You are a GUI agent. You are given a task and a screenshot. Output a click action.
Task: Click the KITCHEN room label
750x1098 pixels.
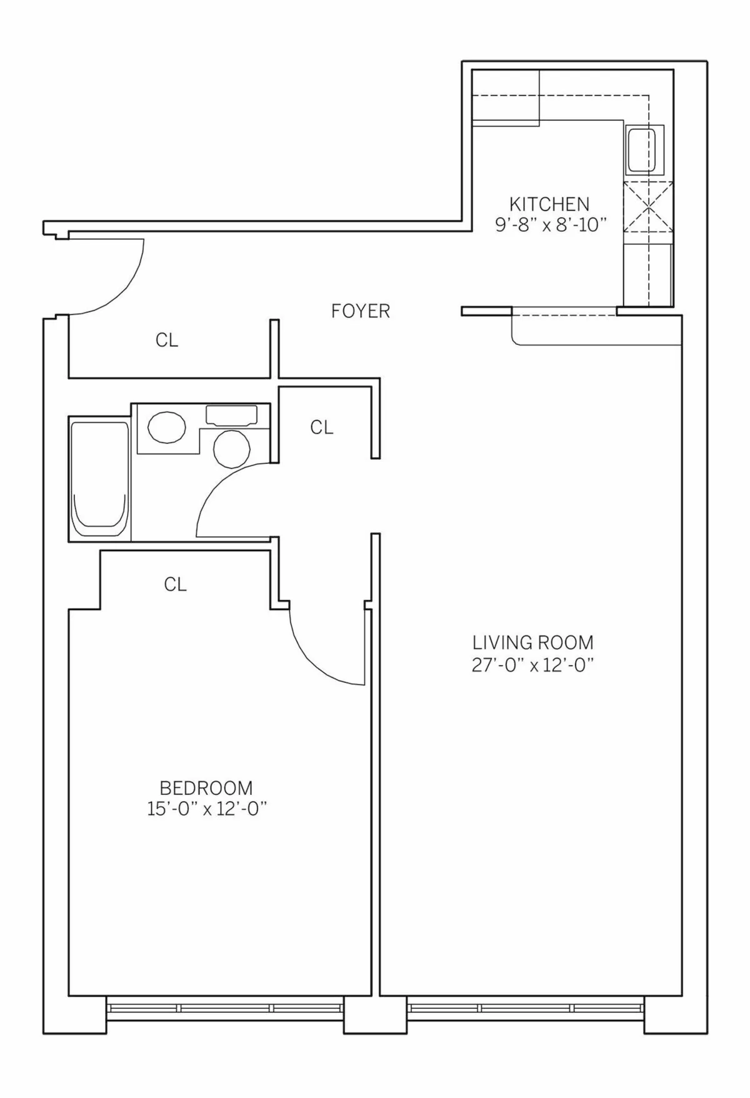tap(549, 204)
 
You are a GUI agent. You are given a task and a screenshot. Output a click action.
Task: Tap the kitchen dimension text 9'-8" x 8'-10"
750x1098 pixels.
tap(551, 225)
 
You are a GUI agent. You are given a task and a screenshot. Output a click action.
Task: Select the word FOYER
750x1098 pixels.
tap(360, 311)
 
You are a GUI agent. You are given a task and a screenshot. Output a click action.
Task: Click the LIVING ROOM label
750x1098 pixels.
tap(532, 642)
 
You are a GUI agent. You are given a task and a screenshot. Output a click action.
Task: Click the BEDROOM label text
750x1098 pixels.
tap(206, 787)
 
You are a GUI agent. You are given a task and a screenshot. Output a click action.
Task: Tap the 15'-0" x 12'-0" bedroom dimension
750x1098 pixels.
tap(207, 809)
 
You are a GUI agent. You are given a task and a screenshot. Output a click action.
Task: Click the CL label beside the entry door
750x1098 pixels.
tap(167, 340)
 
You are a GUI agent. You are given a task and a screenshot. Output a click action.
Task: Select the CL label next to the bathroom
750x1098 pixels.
tap(321, 427)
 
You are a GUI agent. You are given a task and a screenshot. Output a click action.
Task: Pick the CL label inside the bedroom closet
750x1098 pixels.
tap(175, 584)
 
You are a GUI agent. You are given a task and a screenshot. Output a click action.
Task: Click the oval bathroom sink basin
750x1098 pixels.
tap(166, 427)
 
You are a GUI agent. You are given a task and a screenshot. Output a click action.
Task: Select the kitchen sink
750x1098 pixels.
tap(644, 151)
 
